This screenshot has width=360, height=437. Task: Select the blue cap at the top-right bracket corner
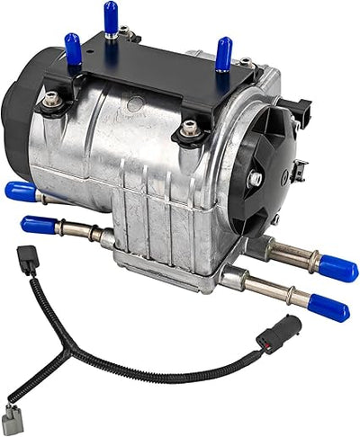click(x=224, y=53)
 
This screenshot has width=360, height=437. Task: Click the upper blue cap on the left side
click(x=20, y=192)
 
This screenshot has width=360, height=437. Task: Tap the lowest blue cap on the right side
click(x=330, y=308)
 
